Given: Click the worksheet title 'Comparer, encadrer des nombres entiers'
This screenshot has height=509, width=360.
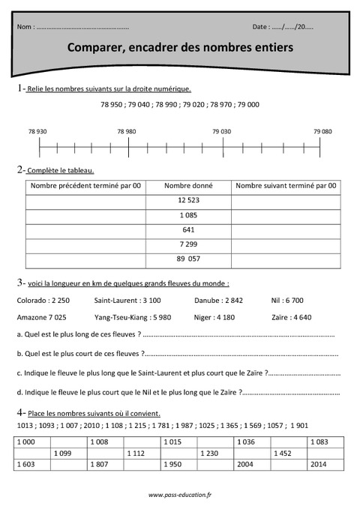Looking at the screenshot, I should pyautogui.click(x=180, y=47).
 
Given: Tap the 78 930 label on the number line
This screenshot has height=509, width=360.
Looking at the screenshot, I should pyautogui.click(x=37, y=131).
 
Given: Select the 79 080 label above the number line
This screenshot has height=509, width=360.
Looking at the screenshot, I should pyautogui.click(x=322, y=131).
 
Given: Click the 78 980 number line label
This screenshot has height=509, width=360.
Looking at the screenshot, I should pyautogui.click(x=127, y=131).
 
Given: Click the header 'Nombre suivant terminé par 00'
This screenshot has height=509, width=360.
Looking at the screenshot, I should pyautogui.click(x=285, y=185).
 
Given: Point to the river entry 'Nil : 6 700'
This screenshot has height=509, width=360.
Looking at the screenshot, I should pyautogui.click(x=287, y=300).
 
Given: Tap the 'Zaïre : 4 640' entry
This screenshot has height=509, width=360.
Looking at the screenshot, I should pyautogui.click(x=292, y=316).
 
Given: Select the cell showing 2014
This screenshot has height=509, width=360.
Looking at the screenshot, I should pyautogui.click(x=319, y=465).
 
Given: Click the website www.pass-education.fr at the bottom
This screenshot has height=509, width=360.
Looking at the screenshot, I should pyautogui.click(x=180, y=495).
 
